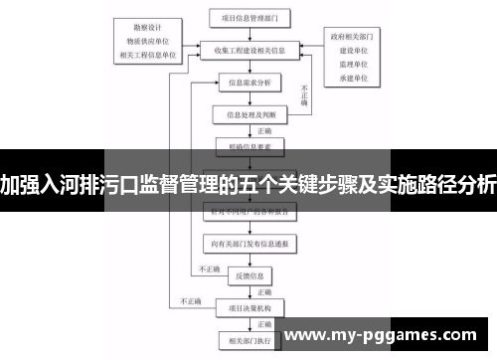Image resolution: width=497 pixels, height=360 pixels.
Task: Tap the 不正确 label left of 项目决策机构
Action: pos(189,300)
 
